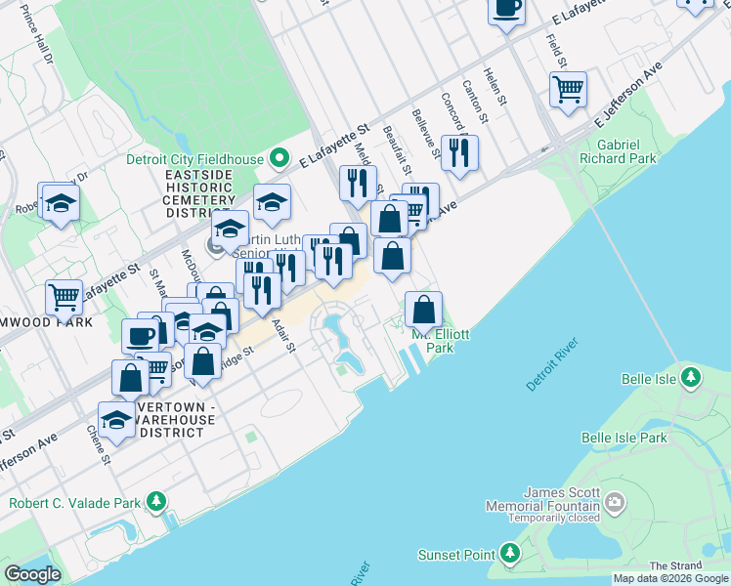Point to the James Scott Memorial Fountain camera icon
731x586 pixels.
[x=615, y=504]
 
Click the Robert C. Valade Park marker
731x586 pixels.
[x=155, y=503]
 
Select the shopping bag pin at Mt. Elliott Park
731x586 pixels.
[x=423, y=310]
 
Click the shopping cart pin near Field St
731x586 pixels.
[x=568, y=90]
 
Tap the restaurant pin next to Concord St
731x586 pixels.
[x=457, y=151]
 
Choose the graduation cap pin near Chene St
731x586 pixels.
[x=116, y=419]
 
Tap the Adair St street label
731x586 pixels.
[x=283, y=336]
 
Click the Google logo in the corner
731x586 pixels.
[x=32, y=573]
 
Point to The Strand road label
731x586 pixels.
[x=673, y=565]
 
